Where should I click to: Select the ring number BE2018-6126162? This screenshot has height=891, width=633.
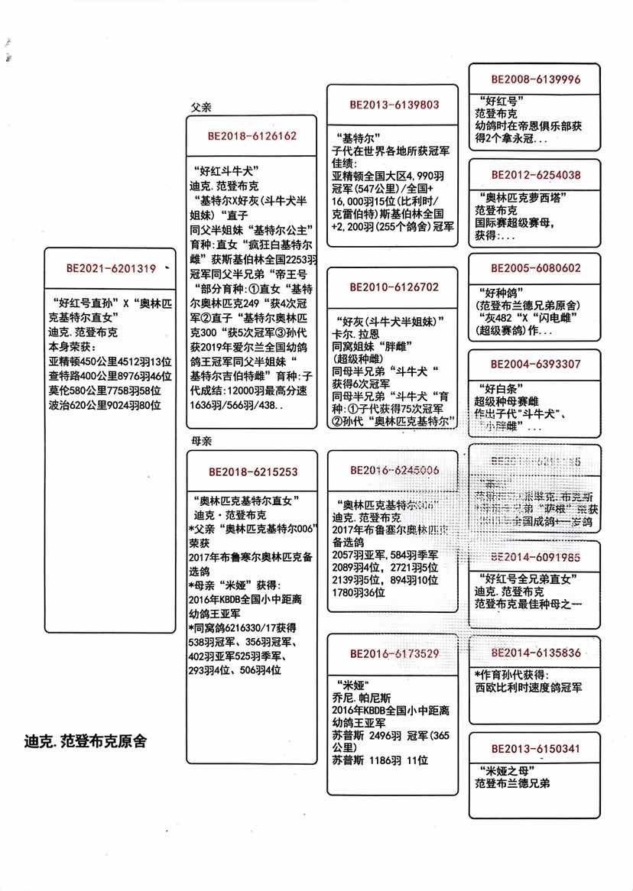[252, 136]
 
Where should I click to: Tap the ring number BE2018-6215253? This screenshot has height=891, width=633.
[252, 472]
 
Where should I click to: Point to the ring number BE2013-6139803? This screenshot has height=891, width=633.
[394, 105]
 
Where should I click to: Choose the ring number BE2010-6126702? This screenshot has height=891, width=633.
[394, 287]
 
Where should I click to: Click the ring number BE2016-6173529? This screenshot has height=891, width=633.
[394, 653]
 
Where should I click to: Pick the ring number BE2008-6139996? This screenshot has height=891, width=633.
[535, 79]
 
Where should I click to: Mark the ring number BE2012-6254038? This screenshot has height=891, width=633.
[535, 175]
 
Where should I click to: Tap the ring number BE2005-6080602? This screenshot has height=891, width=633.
[535, 268]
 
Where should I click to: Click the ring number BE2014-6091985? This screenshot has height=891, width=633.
[535, 557]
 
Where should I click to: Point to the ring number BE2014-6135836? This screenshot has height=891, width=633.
[535, 653]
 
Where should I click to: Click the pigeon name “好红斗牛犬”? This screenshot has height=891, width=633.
[225, 170]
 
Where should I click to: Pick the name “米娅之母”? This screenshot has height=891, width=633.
[502, 770]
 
